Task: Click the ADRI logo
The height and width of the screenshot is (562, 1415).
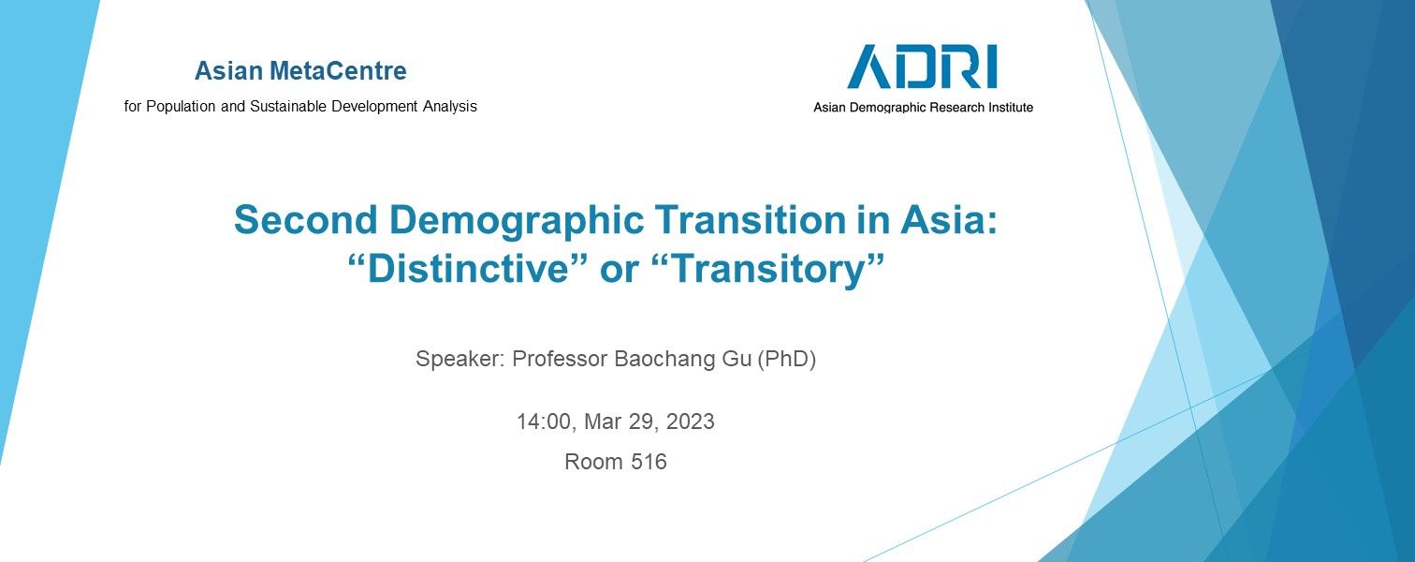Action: tap(922, 67)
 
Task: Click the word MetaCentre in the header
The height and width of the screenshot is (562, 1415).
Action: tap(338, 71)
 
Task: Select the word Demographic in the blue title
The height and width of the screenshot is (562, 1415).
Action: tap(517, 221)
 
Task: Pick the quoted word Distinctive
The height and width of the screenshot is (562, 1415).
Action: tap(468, 269)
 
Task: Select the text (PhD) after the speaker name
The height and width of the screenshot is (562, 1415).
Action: tap(786, 359)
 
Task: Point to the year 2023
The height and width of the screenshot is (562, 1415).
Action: tap(690, 421)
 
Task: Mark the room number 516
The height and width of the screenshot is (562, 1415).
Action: tap(649, 462)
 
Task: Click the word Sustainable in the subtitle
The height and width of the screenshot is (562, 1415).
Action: tap(288, 106)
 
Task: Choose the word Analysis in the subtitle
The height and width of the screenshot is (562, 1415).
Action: tap(450, 107)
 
